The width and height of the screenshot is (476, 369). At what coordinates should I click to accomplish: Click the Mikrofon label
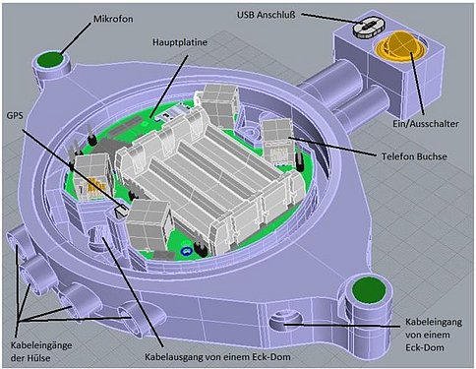pos(113,19)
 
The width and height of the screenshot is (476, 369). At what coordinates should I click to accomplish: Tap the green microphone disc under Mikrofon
pos(50,60)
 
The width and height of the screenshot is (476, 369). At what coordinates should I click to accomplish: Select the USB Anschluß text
pos(267,15)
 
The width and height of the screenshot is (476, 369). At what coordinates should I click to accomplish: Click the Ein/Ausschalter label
pos(426,124)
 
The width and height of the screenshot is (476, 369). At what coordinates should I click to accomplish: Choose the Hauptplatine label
pos(180,42)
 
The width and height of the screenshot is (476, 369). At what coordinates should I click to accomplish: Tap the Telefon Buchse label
pos(414,156)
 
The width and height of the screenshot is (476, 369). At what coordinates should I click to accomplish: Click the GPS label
pos(15,115)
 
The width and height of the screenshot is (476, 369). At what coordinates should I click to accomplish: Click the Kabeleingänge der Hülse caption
pos(41,351)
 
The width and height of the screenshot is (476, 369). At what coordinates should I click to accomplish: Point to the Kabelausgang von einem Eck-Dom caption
pos(217,356)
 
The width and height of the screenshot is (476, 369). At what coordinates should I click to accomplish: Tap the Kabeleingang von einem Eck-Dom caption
pos(434,335)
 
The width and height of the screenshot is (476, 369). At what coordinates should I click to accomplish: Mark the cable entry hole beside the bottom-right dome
pos(286,321)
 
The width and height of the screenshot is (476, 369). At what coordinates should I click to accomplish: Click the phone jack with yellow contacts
pos(92,177)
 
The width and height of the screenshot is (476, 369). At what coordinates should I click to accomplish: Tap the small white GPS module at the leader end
pos(121,209)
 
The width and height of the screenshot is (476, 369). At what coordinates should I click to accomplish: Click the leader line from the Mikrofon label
pos(75,38)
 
